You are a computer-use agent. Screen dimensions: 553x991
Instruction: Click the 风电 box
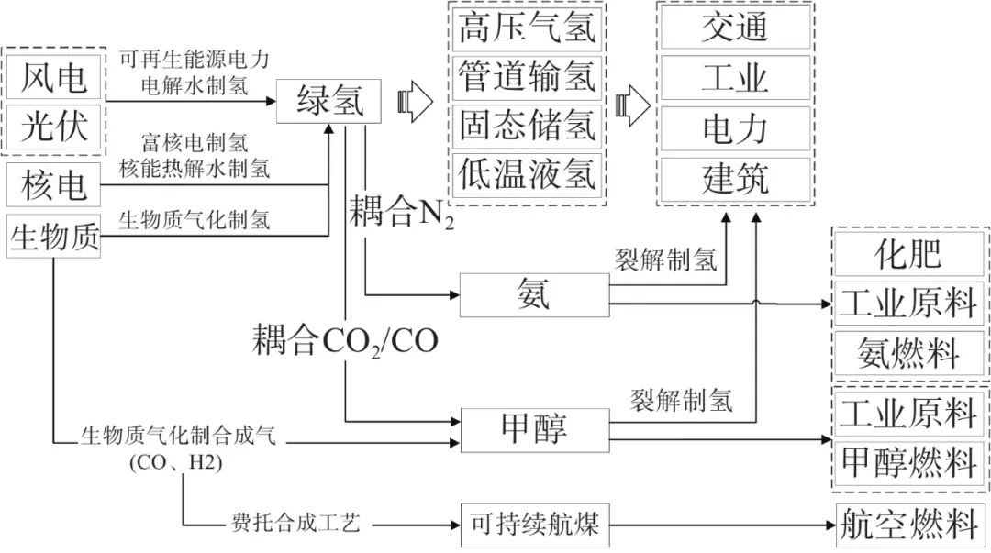pos(55,77)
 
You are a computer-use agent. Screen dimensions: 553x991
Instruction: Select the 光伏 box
pos(55,126)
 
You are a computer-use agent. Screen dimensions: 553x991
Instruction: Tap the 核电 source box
pos(53,186)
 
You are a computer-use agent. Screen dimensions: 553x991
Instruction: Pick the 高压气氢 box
pos(527,28)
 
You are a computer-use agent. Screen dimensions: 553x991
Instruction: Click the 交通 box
pos(734,28)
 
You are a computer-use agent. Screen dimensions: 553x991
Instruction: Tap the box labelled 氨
pos(533,295)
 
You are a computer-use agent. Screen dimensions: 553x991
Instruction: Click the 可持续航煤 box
pos(533,525)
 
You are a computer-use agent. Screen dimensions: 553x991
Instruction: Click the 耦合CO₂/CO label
pos(346,342)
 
